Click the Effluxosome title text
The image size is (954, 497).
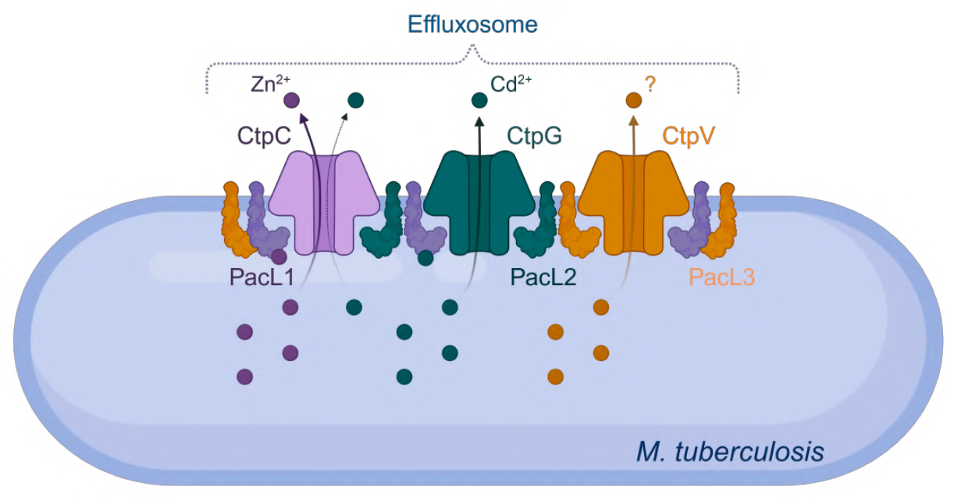[472, 24]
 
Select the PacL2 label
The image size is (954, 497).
[543, 277]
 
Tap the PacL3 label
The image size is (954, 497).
[722, 277]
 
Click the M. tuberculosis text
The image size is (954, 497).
[729, 451]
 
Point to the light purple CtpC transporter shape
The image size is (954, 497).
[324, 200]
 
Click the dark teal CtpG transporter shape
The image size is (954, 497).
[479, 200]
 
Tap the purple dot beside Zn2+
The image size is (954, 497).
[291, 100]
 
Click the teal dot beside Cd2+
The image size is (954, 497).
[479, 100]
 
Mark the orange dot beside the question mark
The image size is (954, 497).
[633, 100]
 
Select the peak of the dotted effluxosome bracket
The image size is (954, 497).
[472, 49]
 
